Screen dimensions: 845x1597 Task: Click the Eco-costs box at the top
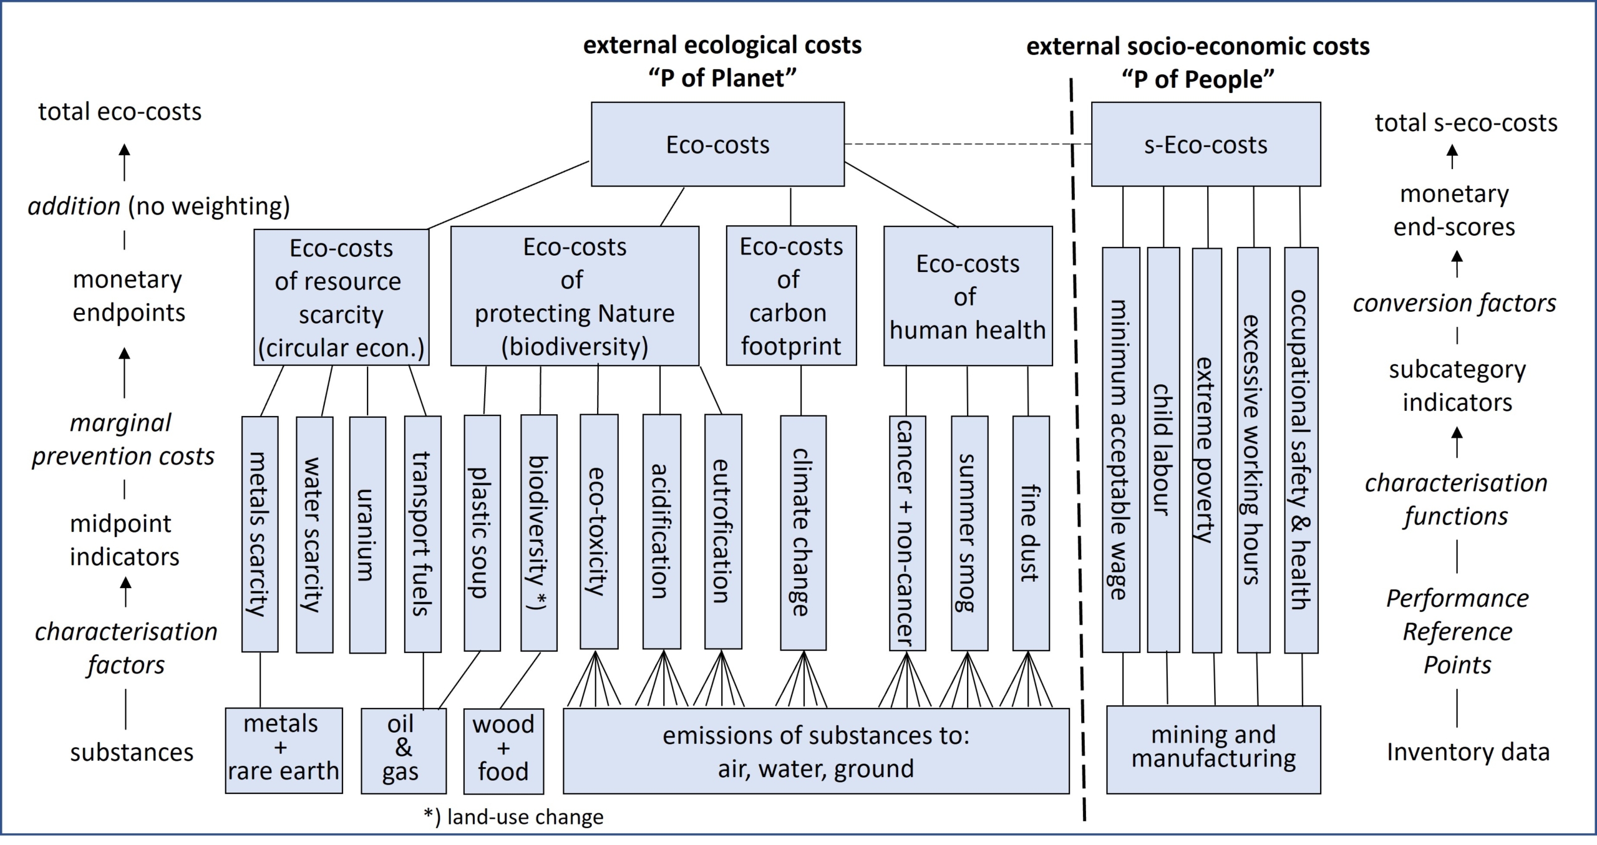pyautogui.click(x=717, y=144)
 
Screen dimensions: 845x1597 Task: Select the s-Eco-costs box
pyautogui.click(x=1205, y=144)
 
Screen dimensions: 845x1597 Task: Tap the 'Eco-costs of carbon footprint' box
pyautogui.click(x=791, y=296)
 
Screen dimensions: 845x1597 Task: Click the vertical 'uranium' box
pyautogui.click(x=367, y=534)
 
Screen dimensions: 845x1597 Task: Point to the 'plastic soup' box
pyautogui.click(x=482, y=533)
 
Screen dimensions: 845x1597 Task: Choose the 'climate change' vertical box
pyautogui.click(x=803, y=533)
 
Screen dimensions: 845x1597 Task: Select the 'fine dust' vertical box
pyautogui.click(x=1031, y=533)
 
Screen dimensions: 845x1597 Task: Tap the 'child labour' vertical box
pyautogui.click(x=1163, y=449)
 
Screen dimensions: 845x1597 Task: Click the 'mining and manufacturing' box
pyautogui.click(x=1213, y=748)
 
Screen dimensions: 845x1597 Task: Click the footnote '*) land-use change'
pyautogui.click(x=513, y=817)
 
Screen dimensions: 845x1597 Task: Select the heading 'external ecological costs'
pyautogui.click(x=722, y=46)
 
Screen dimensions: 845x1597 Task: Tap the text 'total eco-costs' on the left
pyautogui.click(x=120, y=112)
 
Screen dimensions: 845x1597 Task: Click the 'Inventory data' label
pyautogui.click(x=1468, y=752)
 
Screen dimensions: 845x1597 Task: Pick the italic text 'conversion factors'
pyautogui.click(x=1454, y=304)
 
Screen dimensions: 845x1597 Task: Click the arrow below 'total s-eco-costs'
pyautogui.click(x=1453, y=157)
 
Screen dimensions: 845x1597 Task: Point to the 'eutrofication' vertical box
pyautogui.click(x=723, y=532)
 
